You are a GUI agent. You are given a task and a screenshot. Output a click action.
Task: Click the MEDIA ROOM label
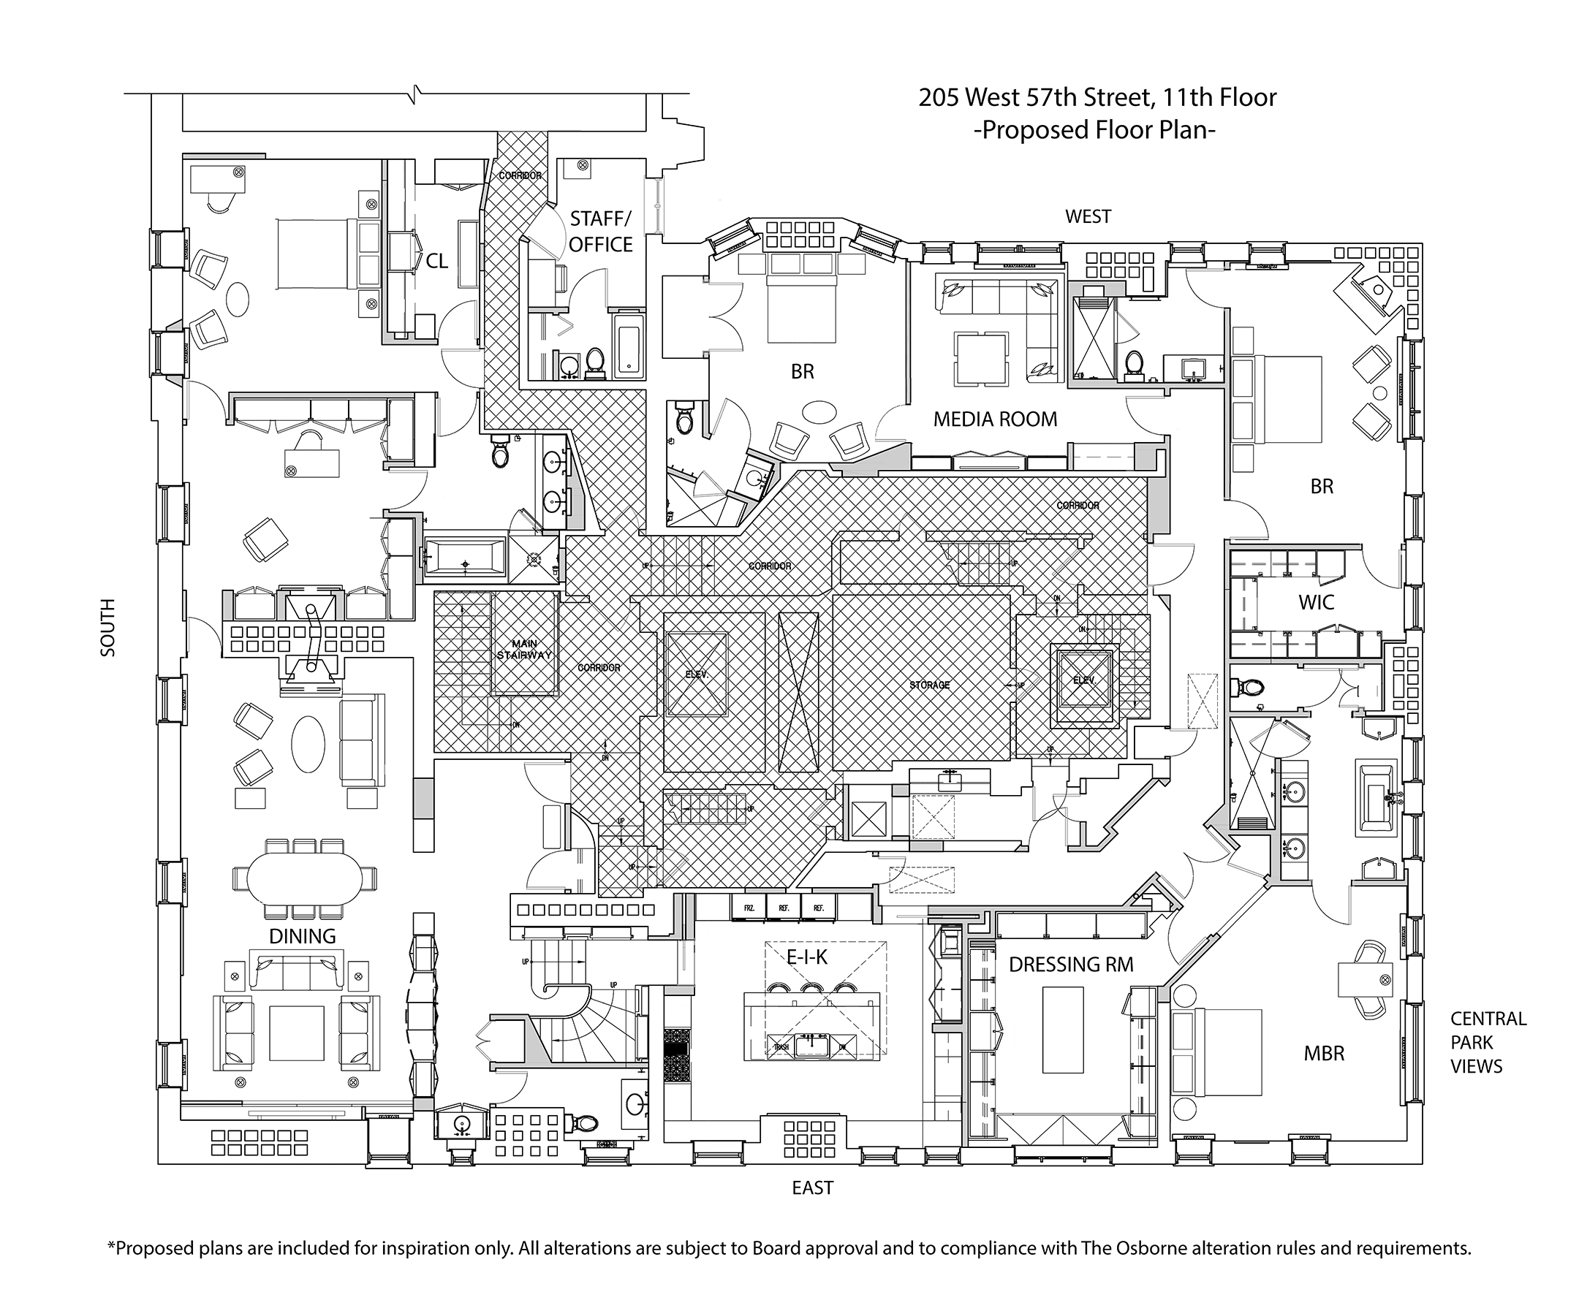(x=995, y=419)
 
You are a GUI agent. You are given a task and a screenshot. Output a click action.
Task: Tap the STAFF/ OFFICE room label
(x=601, y=232)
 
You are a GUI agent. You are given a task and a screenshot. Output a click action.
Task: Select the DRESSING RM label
(x=1070, y=965)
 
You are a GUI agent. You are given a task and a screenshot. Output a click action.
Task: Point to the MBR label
(x=1324, y=1054)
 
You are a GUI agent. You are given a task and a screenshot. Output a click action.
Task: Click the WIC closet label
(x=1316, y=602)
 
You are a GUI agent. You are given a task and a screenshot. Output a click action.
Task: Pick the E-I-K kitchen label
(x=807, y=957)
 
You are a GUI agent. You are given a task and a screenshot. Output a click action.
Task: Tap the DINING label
(x=302, y=936)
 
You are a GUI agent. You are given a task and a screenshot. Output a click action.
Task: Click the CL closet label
(x=436, y=261)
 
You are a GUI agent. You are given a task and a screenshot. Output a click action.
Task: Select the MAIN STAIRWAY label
(x=524, y=649)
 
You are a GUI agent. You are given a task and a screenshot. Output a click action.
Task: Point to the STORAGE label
(x=930, y=685)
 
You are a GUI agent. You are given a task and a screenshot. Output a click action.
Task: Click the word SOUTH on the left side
(x=109, y=628)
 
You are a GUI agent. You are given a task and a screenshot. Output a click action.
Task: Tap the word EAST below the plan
(x=812, y=1187)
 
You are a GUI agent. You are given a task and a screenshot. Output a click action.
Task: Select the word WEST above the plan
(x=1088, y=216)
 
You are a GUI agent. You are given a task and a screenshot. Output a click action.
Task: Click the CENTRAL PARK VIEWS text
(x=1487, y=1042)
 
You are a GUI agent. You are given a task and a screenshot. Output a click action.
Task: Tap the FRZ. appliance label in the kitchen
(x=749, y=908)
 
